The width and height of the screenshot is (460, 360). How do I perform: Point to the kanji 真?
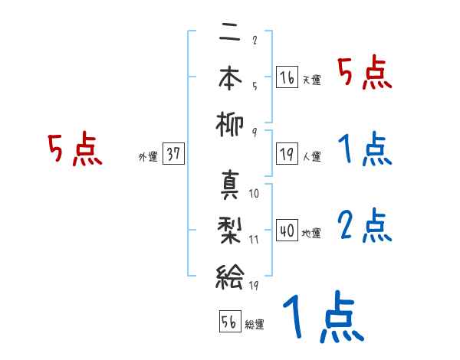(x=229, y=186)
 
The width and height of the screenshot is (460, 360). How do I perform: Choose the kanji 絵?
(x=229, y=273)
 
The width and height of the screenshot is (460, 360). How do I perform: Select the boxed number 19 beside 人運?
(x=287, y=153)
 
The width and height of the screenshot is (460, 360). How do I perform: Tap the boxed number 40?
(x=287, y=230)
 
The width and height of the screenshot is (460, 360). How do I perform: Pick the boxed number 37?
(x=173, y=153)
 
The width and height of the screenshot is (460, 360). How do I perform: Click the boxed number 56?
(x=229, y=321)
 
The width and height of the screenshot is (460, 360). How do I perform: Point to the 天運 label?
(x=311, y=80)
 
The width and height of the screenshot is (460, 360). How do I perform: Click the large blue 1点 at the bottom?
(x=322, y=318)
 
